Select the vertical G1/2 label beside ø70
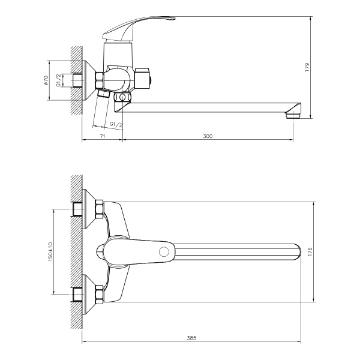(x=59, y=79)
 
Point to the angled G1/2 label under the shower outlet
(x=116, y=124)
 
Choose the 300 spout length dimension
(x=208, y=137)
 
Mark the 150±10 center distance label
(x=51, y=251)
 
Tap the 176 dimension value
(x=310, y=253)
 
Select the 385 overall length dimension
(x=191, y=338)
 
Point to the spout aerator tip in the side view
(x=293, y=113)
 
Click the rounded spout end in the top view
(x=296, y=252)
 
